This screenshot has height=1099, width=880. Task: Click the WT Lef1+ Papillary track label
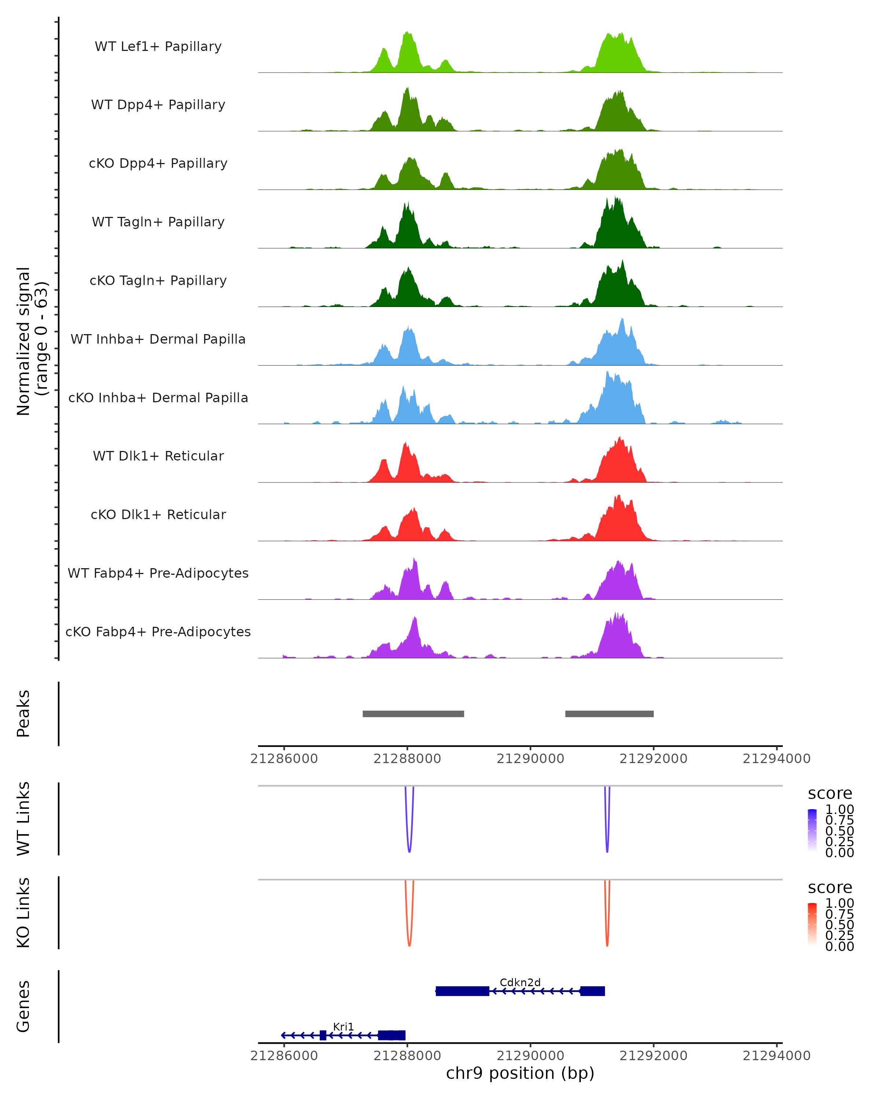click(158, 47)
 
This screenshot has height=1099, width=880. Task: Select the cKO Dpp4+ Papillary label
click(158, 164)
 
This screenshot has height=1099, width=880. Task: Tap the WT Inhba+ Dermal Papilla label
click(158, 340)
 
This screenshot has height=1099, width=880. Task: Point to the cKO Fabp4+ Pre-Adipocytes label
click(158, 632)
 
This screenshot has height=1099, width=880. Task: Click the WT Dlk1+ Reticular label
click(158, 456)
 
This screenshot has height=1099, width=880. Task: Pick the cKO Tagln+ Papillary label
click(158, 281)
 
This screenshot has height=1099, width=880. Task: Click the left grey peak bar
click(413, 714)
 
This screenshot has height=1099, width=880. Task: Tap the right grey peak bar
click(609, 714)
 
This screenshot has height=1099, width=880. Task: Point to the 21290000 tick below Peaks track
click(531, 759)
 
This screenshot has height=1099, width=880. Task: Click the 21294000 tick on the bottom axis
click(777, 1056)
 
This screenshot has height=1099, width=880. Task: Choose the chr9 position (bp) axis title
click(520, 1073)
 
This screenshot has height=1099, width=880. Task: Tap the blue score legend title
click(830, 794)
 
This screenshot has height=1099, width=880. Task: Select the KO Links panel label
click(23, 913)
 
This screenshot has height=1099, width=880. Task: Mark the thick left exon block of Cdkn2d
click(463, 991)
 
